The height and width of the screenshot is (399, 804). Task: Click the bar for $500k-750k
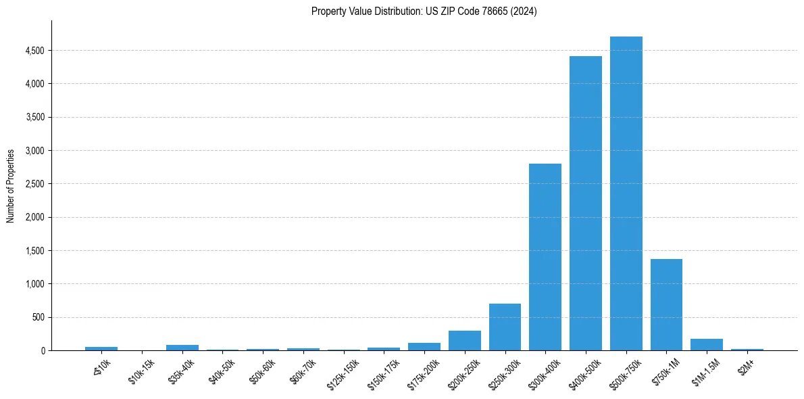tap(626, 196)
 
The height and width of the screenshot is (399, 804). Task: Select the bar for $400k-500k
tap(585, 203)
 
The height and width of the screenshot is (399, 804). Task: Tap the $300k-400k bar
tap(545, 257)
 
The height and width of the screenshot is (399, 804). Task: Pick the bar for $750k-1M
tap(666, 304)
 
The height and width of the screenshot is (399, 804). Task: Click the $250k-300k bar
tap(505, 327)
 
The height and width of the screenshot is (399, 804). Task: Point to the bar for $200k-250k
tap(464, 340)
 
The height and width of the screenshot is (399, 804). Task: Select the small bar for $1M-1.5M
tap(707, 344)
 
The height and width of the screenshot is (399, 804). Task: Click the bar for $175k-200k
tap(424, 346)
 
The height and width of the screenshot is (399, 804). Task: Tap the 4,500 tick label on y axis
tap(34, 51)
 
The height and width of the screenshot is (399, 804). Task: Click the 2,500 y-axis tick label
tap(34, 184)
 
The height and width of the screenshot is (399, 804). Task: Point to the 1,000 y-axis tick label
tap(34, 284)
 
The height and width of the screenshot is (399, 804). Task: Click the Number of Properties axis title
tap(11, 186)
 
